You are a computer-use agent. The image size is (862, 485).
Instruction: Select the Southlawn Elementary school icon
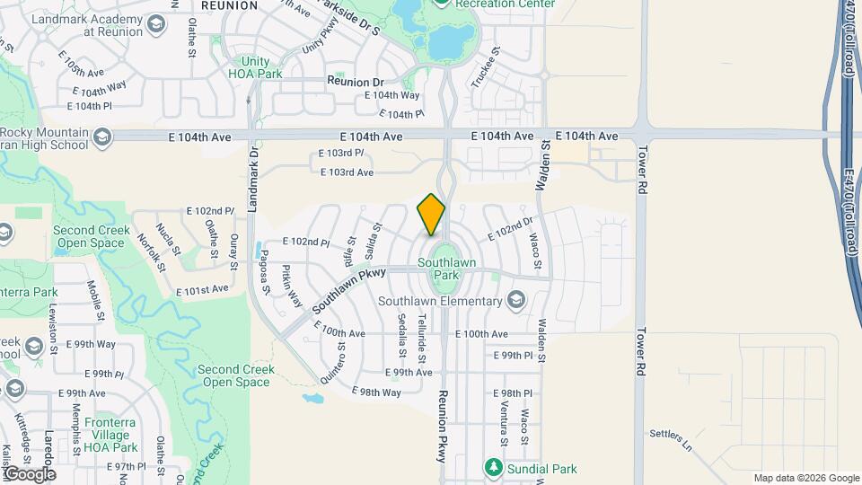pyautogui.click(x=516, y=299)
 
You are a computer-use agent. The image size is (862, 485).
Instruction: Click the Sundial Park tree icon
pyautogui.click(x=492, y=468)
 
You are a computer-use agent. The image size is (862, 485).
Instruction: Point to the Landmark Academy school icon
pyautogui.click(x=155, y=24)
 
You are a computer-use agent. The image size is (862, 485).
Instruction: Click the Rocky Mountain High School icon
pyautogui.click(x=101, y=137)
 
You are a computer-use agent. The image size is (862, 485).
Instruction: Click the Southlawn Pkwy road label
pyautogui.click(x=348, y=289)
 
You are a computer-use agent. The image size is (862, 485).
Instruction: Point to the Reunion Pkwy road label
pyautogui.click(x=443, y=426)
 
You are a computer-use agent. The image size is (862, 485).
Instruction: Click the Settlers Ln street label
pyautogui.click(x=673, y=439)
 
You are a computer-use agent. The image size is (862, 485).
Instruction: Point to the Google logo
pyautogui.click(x=29, y=473)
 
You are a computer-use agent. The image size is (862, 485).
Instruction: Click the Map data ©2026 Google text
pyautogui.click(x=806, y=478)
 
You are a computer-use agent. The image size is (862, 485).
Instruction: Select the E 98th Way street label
pyautogui.click(x=376, y=392)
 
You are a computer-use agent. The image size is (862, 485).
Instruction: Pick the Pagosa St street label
pyautogui.click(x=263, y=273)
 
